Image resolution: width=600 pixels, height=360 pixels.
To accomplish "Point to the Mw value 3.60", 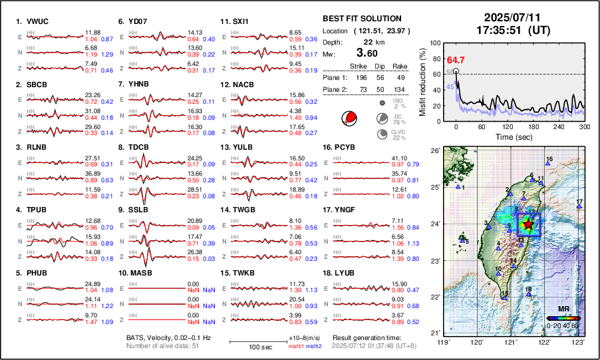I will (x=367, y=53).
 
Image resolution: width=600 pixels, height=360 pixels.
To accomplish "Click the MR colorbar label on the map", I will (x=563, y=309).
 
